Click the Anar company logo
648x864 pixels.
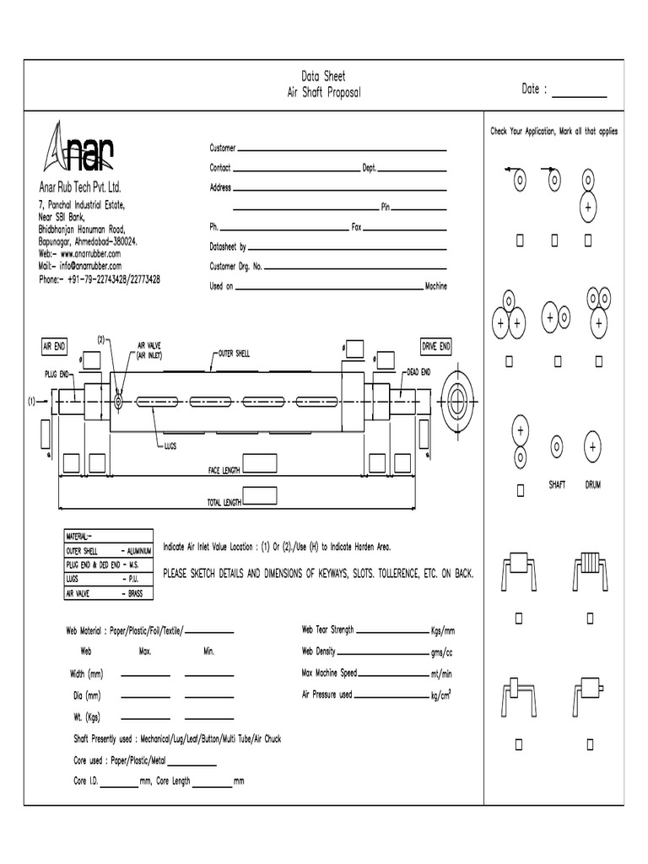point(79,150)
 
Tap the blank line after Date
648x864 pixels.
point(579,94)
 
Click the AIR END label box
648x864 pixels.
point(55,347)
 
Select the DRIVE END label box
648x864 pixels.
point(436,347)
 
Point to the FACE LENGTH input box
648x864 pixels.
point(261,463)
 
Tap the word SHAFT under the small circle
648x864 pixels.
point(557,485)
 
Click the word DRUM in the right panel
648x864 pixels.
point(592,485)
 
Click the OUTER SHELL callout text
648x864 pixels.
point(233,353)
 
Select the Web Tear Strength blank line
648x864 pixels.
point(392,631)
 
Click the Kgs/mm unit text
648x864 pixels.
point(443,630)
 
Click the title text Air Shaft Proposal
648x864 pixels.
point(324,91)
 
